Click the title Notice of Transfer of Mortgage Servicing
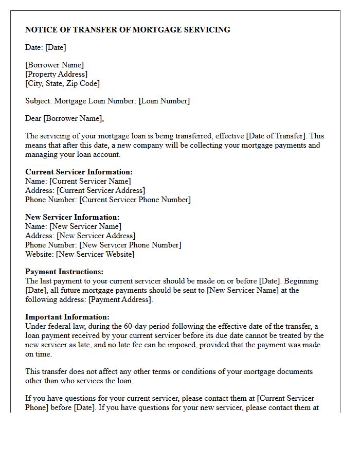point(128,30)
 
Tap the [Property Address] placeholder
point(56,74)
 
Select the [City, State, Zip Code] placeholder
point(62,83)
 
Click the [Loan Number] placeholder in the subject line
point(164,101)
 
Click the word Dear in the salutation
point(33,118)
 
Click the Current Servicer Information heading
point(79,172)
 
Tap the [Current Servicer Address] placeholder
point(100,190)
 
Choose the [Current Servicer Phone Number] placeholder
point(135,200)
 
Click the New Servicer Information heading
point(72,217)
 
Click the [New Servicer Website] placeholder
point(95,254)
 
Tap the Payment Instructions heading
point(64,272)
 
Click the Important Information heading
point(67,317)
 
